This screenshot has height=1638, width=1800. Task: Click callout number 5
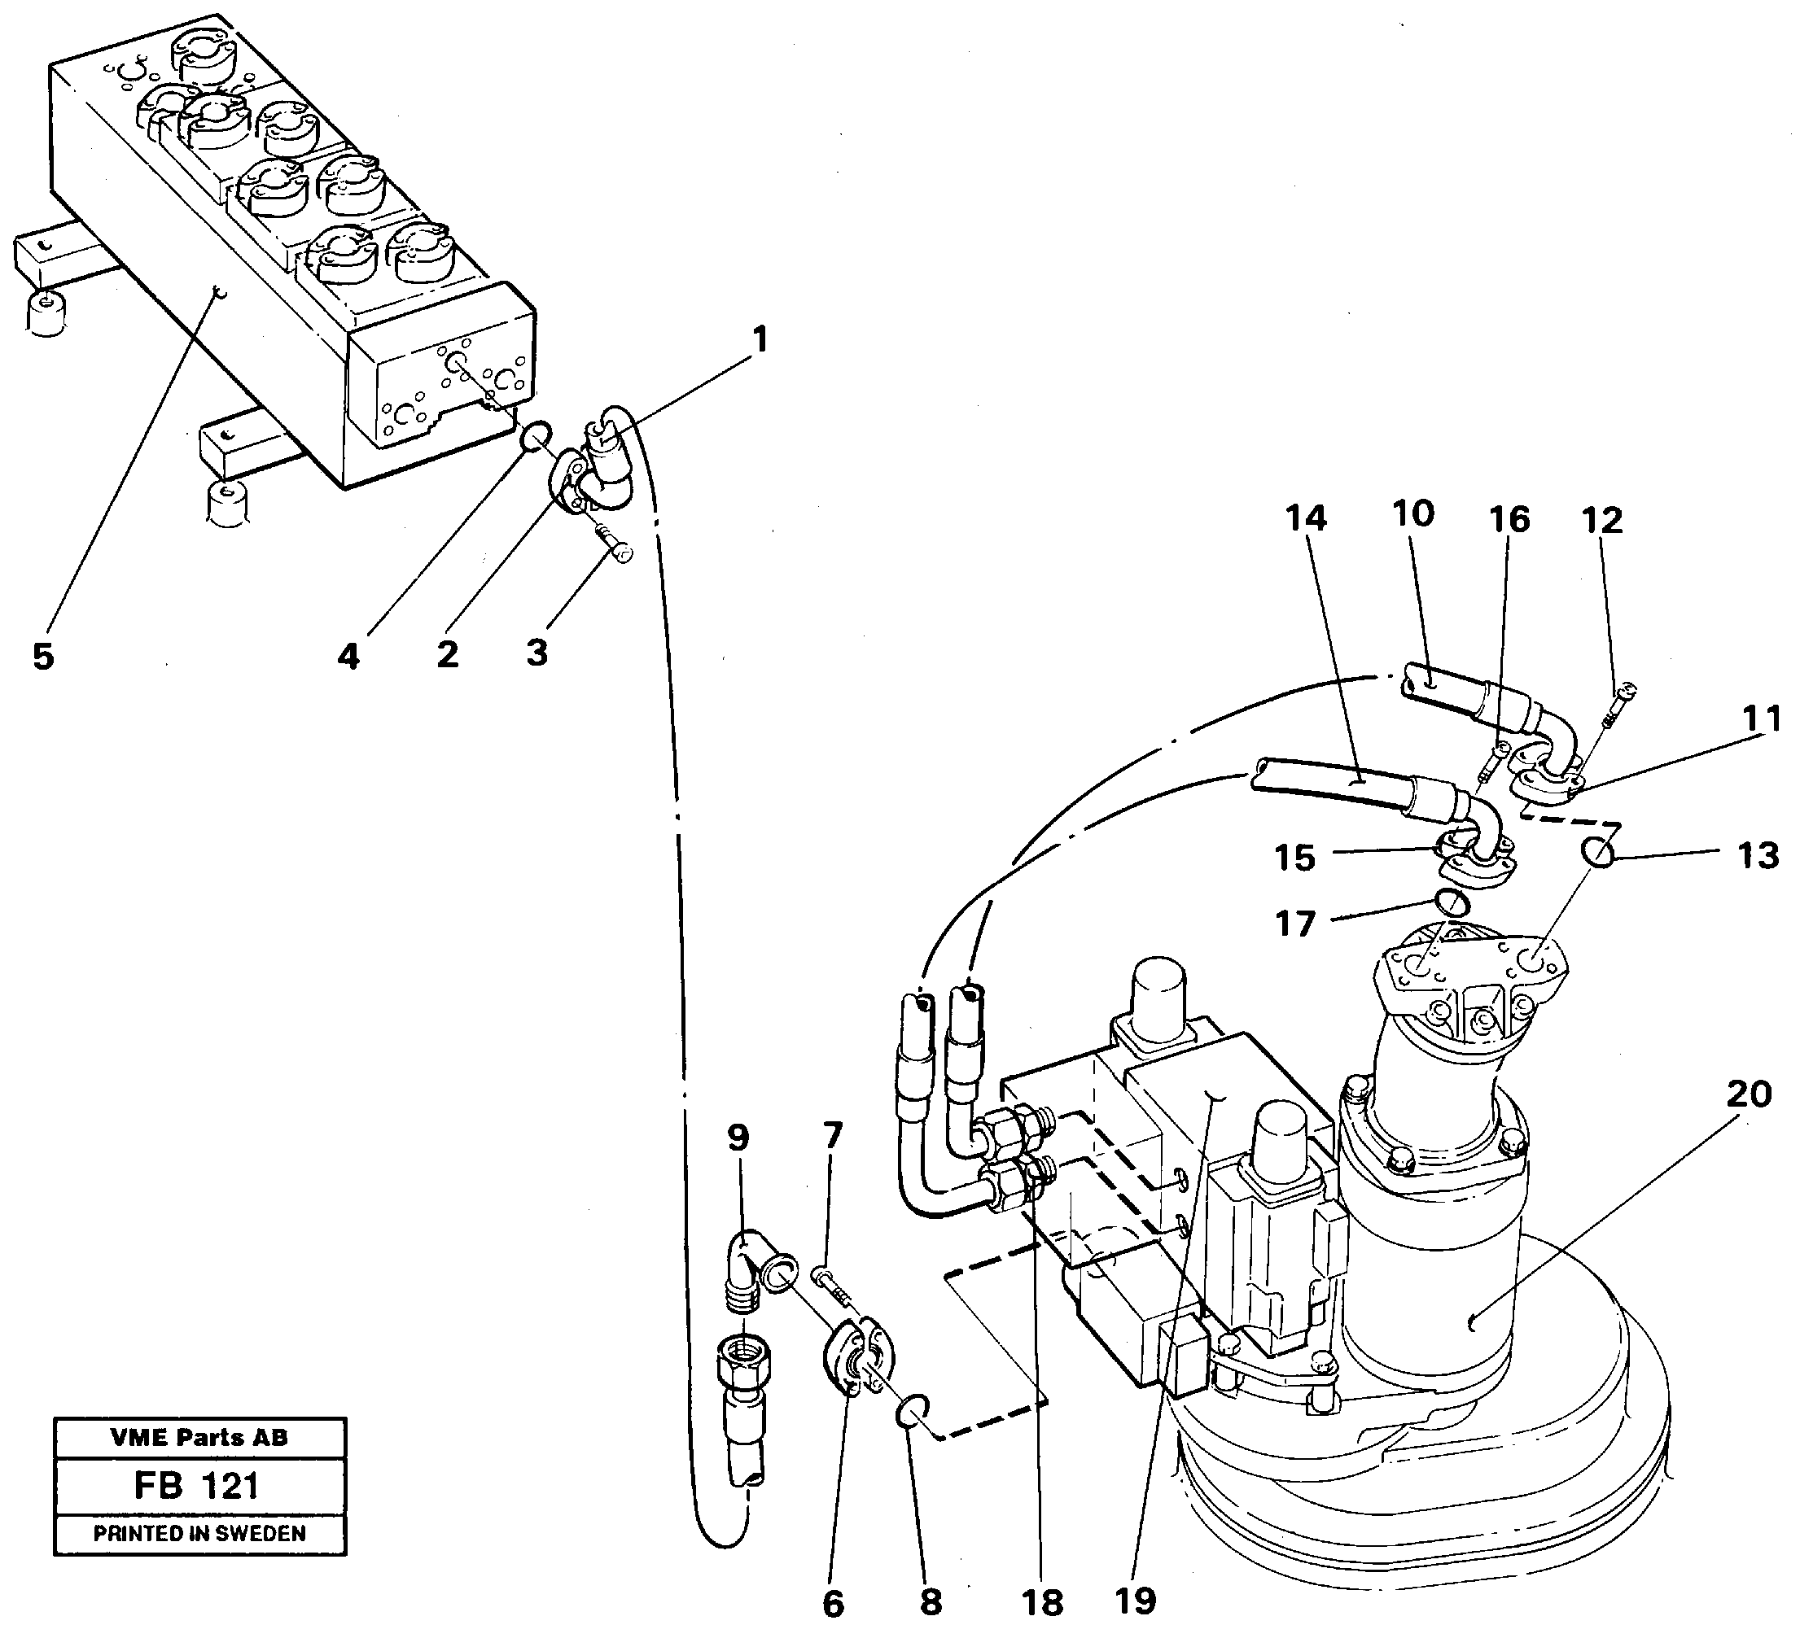43,657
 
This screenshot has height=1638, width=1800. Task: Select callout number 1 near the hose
759,339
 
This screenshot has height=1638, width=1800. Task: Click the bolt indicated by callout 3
612,543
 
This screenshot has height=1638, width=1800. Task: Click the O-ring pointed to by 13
1599,853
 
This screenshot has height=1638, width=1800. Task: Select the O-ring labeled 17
1452,902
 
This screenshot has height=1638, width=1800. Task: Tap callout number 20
1748,1093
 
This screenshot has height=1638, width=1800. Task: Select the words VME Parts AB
199,1437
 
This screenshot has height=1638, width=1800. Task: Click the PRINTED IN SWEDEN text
199,1533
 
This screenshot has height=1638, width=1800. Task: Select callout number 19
1136,1601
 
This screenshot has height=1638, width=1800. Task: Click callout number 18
1043,1603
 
